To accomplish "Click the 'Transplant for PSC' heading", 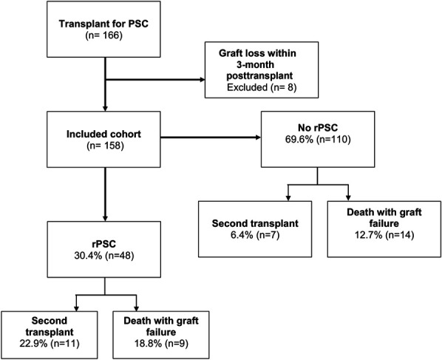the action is click(x=103, y=24).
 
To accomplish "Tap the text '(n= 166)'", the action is click(x=103, y=35).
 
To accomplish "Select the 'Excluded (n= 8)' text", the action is click(x=262, y=87).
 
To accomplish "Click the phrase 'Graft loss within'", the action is click(x=257, y=53).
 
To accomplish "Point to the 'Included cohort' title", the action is click(x=103, y=134).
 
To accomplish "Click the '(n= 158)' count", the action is click(x=105, y=146).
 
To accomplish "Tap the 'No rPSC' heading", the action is click(x=318, y=128).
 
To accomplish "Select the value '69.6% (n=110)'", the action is click(x=318, y=140).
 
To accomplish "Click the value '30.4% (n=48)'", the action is click(x=104, y=256).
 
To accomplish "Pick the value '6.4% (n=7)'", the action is click(x=255, y=235).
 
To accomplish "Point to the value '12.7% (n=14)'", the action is click(x=384, y=235).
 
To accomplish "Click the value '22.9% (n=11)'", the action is click(x=50, y=344).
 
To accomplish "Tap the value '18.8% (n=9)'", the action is click(x=161, y=344).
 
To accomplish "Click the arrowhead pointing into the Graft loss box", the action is click(x=202, y=80).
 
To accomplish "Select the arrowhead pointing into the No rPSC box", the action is click(x=258, y=137).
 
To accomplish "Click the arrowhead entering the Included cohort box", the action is click(x=105, y=109).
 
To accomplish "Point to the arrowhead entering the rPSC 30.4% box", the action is click(x=105, y=219).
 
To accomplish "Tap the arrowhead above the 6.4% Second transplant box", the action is click(x=288, y=198).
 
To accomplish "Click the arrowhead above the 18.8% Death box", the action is click(x=136, y=308).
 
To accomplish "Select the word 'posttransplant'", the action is click(x=259, y=76).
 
